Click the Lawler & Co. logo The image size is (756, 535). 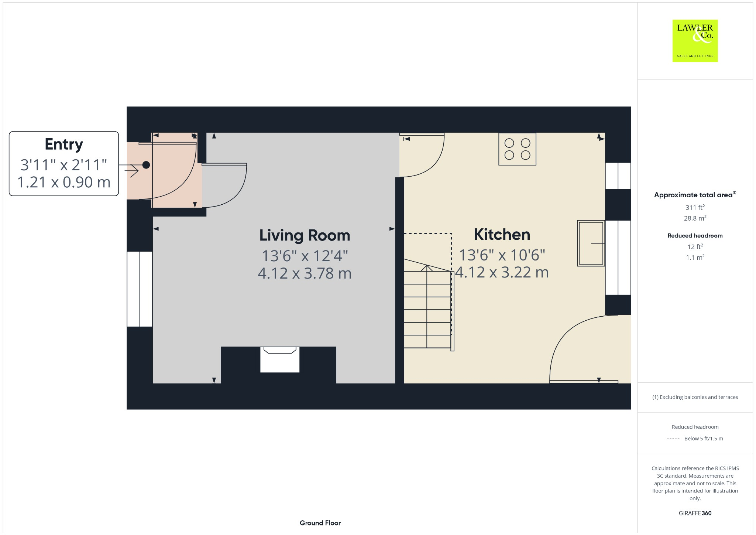pyautogui.click(x=695, y=41)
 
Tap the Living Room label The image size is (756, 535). pyautogui.click(x=305, y=235)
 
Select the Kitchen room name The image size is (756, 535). pyautogui.click(x=502, y=235)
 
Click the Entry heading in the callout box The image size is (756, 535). pyautogui.click(x=64, y=144)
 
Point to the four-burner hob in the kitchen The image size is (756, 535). pyautogui.click(x=517, y=149)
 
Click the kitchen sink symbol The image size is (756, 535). pyautogui.click(x=591, y=243)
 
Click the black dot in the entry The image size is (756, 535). pyautogui.click(x=146, y=165)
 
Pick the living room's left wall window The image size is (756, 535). pyautogui.click(x=140, y=289)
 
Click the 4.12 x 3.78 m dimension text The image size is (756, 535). pyautogui.click(x=305, y=273)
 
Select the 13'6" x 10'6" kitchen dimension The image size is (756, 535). pyautogui.click(x=502, y=255)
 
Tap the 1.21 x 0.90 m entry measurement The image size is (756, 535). pyautogui.click(x=64, y=182)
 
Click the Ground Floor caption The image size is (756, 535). pyautogui.click(x=320, y=523)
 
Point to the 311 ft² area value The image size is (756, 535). pyautogui.click(x=695, y=207)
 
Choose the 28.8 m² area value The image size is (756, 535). pyautogui.click(x=695, y=218)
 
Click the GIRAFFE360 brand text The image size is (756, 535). pyautogui.click(x=695, y=513)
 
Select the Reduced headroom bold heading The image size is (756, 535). pyautogui.click(x=695, y=236)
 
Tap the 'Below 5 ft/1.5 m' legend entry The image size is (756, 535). pyautogui.click(x=703, y=439)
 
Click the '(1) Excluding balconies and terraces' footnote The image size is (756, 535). pyautogui.click(x=695, y=397)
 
